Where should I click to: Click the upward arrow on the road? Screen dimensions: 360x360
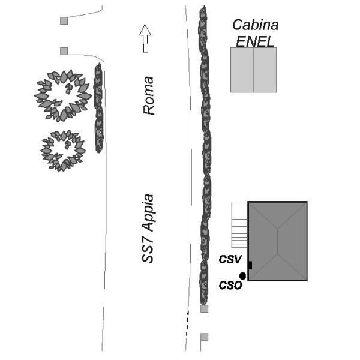(145, 38)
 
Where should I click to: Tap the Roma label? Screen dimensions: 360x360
(148, 95)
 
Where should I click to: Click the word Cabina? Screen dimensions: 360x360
(255, 25)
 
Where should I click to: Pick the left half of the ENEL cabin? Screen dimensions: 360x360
(242, 70)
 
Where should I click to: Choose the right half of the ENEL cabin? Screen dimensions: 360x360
(265, 70)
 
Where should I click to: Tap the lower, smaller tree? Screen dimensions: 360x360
(62, 150)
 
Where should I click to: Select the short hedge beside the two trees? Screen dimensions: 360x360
(99, 108)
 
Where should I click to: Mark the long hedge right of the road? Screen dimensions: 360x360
(205, 156)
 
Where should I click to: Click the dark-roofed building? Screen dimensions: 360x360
(277, 241)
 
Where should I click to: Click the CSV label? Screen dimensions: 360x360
(230, 260)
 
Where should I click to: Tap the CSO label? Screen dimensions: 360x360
(229, 285)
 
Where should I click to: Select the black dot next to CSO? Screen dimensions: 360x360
(242, 276)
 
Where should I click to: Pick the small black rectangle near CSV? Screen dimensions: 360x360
(250, 265)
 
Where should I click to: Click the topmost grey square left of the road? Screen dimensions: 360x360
(64, 21)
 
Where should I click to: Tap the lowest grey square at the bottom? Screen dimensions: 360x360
(204, 337)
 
